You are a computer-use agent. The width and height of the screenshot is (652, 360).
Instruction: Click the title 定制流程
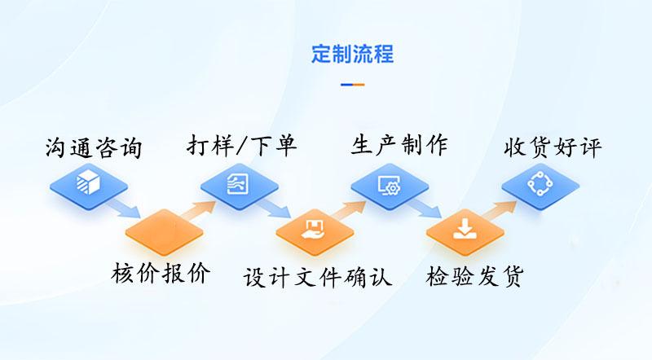353,54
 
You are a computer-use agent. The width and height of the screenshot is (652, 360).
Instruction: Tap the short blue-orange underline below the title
353,85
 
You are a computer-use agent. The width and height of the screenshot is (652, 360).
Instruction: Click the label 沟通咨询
94,147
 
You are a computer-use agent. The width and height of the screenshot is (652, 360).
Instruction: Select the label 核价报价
161,273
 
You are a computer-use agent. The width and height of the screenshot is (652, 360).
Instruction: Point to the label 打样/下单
241,146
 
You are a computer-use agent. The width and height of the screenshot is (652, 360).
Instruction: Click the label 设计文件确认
317,277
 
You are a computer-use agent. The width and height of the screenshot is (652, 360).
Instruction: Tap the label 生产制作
399,145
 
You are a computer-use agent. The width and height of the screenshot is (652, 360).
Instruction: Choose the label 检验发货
474,276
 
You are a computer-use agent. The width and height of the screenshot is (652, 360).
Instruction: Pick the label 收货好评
553,147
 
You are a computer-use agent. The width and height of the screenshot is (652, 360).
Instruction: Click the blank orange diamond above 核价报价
165,231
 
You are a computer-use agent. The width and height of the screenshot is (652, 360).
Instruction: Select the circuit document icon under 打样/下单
238,183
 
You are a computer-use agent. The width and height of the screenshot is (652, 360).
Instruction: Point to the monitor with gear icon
390,184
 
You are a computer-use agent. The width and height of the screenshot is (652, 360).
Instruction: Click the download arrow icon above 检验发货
465,230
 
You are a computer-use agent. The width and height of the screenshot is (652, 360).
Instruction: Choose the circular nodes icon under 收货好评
540,184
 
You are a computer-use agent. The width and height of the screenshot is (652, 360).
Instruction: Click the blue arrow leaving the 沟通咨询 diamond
123,208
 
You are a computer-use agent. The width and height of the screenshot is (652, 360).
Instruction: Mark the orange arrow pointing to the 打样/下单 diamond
198,209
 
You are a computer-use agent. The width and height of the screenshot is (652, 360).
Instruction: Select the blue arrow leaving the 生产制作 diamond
424,208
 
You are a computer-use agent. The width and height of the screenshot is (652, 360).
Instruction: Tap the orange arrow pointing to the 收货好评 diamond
499,209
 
